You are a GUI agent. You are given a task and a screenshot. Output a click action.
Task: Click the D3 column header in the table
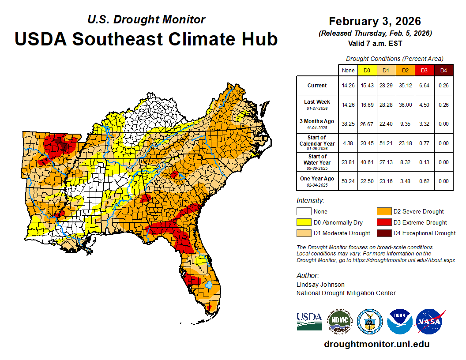423,70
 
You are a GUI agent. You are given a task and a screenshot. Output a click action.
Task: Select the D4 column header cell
443,70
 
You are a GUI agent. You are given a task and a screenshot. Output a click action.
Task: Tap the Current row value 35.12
405,86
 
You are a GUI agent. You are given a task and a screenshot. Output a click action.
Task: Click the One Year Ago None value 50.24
348,181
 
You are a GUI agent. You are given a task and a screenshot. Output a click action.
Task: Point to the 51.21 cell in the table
385,143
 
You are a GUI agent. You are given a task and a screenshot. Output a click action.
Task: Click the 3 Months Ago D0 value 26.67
367,124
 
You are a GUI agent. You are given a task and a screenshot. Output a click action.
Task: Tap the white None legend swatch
303,211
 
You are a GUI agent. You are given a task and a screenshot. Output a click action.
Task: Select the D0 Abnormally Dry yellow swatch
303,222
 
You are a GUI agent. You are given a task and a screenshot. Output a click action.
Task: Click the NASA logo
429,322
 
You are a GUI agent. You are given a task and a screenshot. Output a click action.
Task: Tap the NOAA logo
399,322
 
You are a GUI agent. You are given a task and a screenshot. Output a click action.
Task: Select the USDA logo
309,322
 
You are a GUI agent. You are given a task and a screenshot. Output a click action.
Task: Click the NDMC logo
339,322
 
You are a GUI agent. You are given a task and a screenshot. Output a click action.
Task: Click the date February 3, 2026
375,21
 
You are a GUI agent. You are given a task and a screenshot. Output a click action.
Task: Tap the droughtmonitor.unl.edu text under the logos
376,344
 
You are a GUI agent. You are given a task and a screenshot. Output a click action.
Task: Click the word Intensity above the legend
310,201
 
